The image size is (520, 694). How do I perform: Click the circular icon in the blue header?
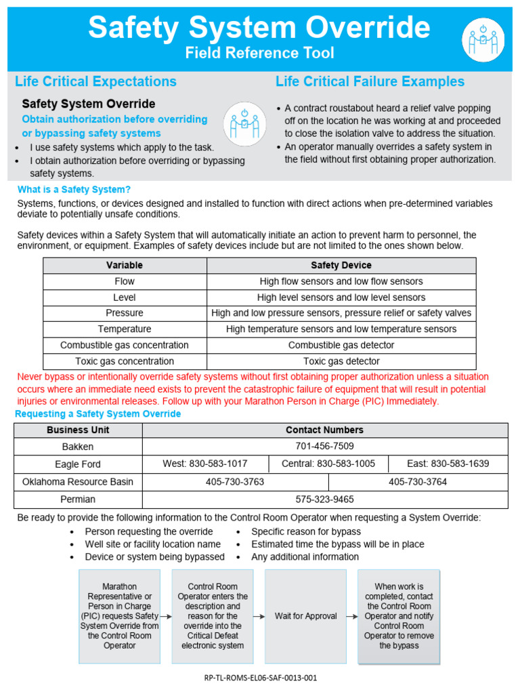483,40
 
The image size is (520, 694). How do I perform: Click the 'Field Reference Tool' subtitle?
260,53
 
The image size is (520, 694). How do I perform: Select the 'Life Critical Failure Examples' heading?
370,81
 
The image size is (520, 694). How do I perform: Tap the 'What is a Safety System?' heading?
74,189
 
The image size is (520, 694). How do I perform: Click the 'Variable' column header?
125,265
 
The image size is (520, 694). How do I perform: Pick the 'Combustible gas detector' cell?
341,345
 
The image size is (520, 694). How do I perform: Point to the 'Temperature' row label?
125,329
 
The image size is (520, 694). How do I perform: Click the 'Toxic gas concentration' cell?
125,361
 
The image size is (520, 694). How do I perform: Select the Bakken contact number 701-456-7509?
324,446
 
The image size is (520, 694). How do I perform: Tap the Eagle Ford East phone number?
448,464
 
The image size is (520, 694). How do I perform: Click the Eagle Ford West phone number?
205,464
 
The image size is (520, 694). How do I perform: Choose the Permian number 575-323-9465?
324,499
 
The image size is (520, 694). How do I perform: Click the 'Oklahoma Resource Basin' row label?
78,481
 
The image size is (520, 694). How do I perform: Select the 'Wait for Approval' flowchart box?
305,616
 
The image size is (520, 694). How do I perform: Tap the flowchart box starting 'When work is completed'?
399,616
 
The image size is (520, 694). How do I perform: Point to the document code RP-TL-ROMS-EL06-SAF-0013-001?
260,678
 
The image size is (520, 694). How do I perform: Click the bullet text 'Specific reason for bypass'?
306,531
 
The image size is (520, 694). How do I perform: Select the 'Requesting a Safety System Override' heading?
99,413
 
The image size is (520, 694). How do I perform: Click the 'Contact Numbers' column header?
324,430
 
